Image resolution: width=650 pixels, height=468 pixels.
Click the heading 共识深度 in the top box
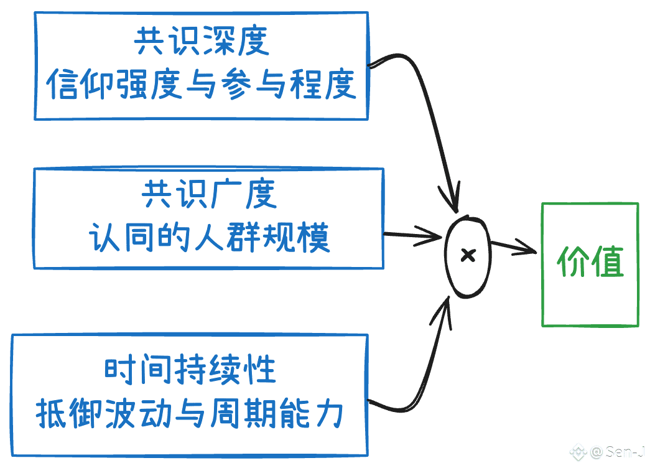click(202, 41)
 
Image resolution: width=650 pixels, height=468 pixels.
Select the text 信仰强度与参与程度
click(201, 85)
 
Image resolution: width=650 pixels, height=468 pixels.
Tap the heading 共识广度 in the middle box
click(210, 194)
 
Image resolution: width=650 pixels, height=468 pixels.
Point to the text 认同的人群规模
click(210, 237)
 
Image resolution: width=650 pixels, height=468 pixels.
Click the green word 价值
click(590, 261)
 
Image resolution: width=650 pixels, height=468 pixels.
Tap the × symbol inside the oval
click(468, 256)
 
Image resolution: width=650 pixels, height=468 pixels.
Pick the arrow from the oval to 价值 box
click(513, 247)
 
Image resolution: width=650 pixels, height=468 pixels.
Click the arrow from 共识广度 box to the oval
click(413, 236)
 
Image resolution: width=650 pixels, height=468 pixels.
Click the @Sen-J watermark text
click(617, 452)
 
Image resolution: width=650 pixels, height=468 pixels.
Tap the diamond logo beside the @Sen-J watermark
click(578, 452)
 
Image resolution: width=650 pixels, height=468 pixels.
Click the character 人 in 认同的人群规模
click(210, 237)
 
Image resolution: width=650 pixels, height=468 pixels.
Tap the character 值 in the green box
click(608, 261)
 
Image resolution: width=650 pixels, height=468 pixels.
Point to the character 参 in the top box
click(236, 85)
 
